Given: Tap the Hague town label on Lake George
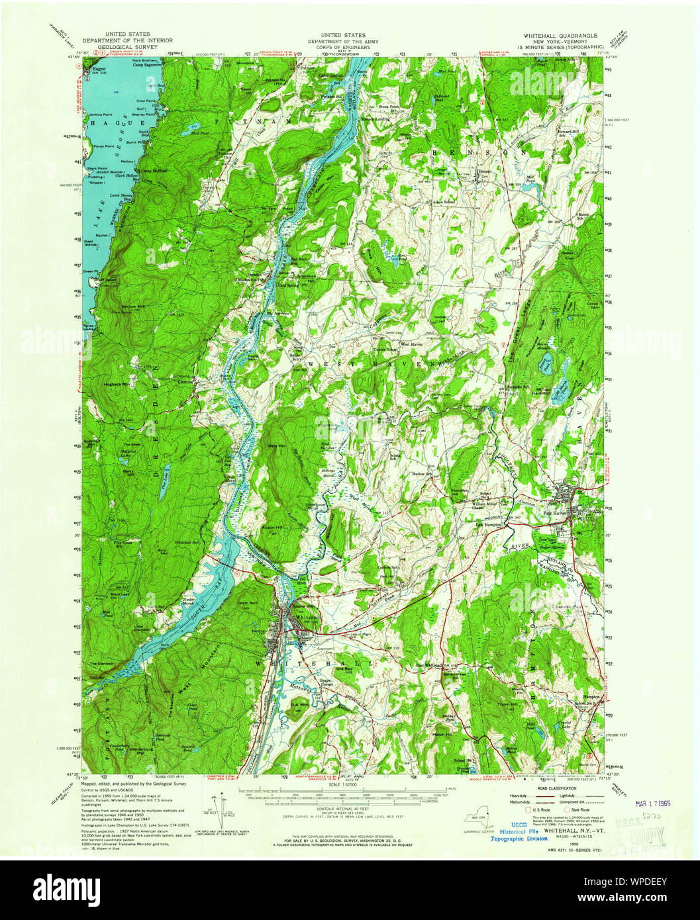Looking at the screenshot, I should (100, 69).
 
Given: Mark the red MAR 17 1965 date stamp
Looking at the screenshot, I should (652, 804).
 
